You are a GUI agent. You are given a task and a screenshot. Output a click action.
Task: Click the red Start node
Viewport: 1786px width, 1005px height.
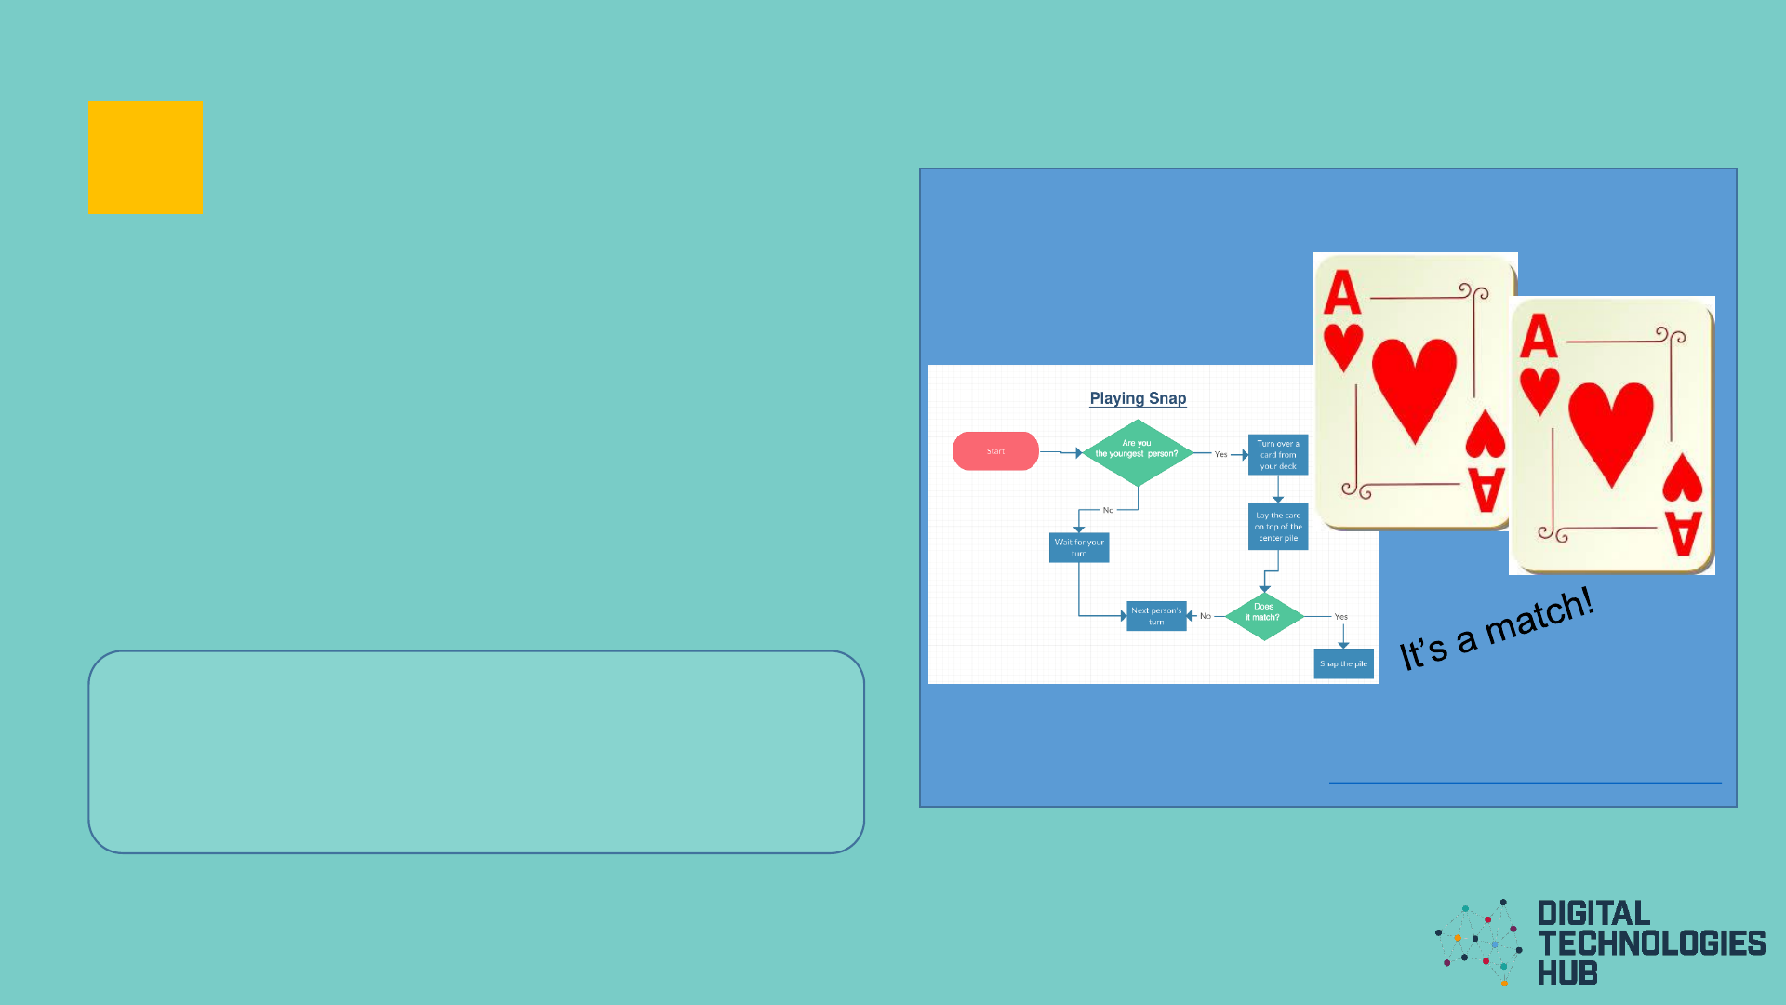(995, 451)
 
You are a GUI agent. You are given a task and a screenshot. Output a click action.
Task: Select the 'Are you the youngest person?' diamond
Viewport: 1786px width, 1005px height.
(1137, 452)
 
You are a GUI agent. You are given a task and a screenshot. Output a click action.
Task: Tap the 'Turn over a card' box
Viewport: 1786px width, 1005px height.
(1278, 455)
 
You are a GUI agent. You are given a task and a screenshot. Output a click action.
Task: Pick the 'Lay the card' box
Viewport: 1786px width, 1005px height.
(1278, 527)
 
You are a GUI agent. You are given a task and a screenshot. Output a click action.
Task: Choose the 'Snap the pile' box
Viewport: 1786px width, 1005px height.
(1343, 663)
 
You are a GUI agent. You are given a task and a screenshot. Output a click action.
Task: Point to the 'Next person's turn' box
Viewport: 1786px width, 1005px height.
(1156, 616)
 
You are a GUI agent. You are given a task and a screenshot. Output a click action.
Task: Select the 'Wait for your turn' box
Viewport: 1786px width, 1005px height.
(1079, 548)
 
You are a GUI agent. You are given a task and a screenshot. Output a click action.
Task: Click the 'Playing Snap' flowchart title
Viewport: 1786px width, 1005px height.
(1138, 398)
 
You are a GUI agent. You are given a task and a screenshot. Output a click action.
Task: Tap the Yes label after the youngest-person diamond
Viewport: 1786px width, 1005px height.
(1220, 455)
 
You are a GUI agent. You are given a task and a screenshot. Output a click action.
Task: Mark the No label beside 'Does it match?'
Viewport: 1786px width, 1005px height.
(1206, 616)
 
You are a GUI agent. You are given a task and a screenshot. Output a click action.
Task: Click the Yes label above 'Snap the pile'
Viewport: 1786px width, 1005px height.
(1340, 617)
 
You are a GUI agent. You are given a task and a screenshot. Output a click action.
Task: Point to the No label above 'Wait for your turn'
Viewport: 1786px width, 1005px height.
(1108, 511)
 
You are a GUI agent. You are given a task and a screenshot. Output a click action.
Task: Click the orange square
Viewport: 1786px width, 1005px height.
(145, 158)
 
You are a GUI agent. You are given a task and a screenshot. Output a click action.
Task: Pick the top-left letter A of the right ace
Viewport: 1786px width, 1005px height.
(1539, 337)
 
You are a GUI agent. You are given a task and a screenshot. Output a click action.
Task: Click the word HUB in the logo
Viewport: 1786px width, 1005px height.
(1567, 973)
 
